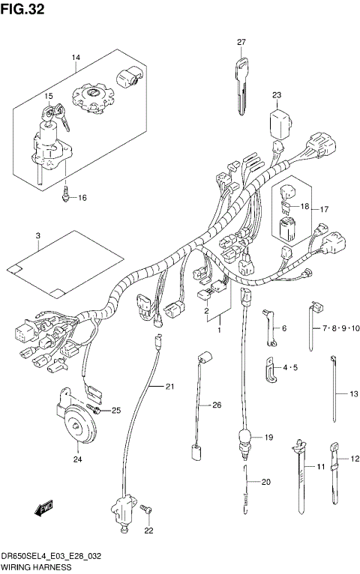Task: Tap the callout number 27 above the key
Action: tap(241, 42)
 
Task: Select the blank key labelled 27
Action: tap(241, 85)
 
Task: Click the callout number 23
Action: tap(277, 95)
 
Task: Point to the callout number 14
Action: tap(76, 58)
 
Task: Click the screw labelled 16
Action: tap(66, 196)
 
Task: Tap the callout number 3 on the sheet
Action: tap(37, 236)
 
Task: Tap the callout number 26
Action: tap(217, 405)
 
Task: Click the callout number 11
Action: tap(319, 468)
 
